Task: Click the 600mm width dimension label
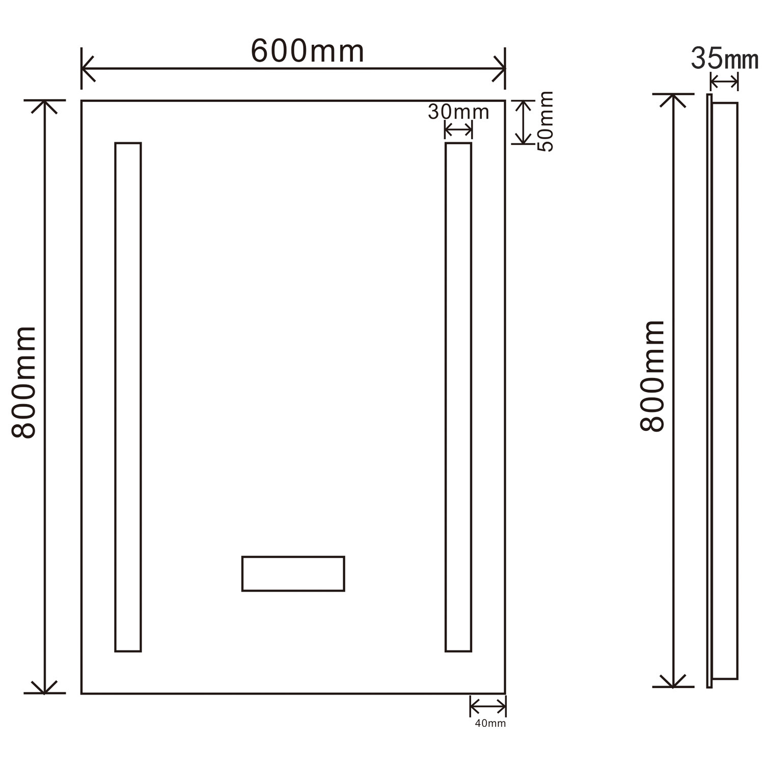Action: [x=308, y=51]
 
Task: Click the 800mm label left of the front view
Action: [x=24, y=383]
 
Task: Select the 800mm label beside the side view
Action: [x=652, y=376]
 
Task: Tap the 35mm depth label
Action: [x=725, y=59]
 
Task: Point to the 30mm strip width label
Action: [x=458, y=112]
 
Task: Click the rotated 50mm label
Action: [x=545, y=121]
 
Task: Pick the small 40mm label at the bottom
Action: [x=490, y=723]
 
